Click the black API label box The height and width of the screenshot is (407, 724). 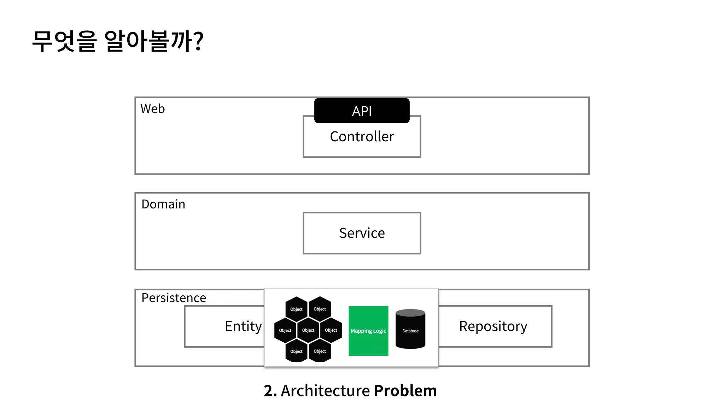click(362, 111)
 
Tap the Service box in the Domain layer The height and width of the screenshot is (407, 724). click(362, 233)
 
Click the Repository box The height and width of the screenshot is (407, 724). click(494, 326)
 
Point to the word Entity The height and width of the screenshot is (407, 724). click(243, 326)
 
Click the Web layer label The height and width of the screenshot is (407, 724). click(152, 109)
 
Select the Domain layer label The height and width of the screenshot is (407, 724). click(163, 204)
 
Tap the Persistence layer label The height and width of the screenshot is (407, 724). click(174, 298)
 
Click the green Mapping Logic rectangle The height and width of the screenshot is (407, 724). click(368, 331)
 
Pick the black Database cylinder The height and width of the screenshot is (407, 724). click(410, 329)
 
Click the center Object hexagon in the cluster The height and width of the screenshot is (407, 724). click(308, 330)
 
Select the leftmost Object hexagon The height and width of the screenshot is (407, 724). click(285, 330)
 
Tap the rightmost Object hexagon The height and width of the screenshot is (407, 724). click(331, 330)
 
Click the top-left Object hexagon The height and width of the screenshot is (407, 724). click(296, 309)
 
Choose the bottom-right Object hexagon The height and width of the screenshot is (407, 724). click(320, 351)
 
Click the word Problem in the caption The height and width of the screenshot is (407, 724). click(405, 391)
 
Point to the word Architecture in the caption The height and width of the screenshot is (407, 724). click(325, 391)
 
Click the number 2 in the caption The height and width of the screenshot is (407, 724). click(270, 391)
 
